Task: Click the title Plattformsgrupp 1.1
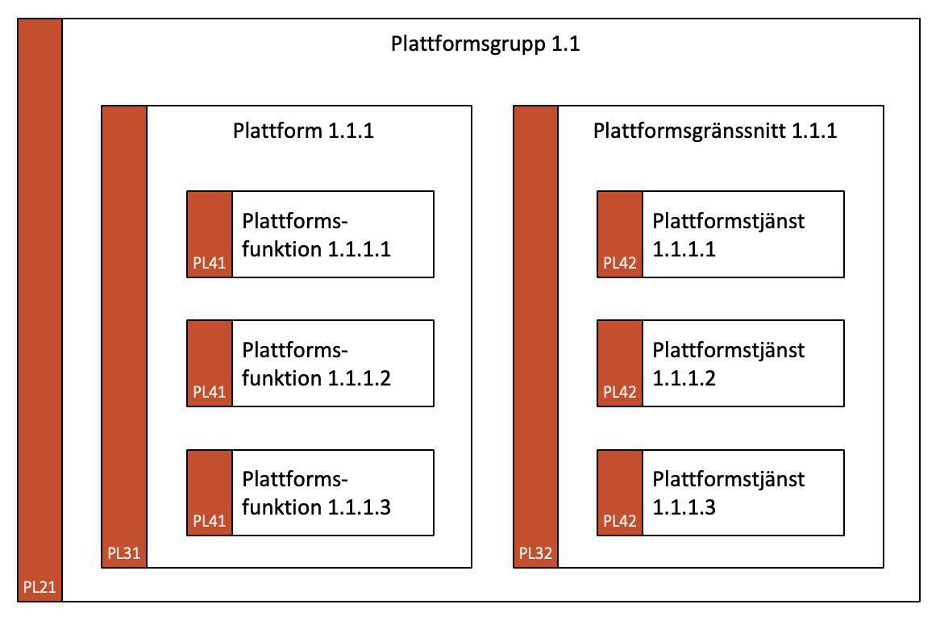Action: pyautogui.click(x=485, y=44)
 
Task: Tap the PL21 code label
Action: pyautogui.click(x=40, y=587)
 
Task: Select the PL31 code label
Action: pyautogui.click(x=123, y=554)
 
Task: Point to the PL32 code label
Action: pyautogui.click(x=535, y=554)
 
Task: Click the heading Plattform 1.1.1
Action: pyautogui.click(x=303, y=131)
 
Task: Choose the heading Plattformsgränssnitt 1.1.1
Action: pyautogui.click(x=715, y=131)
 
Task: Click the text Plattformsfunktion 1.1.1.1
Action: pyautogui.click(x=316, y=235)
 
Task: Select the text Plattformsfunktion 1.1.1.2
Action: pyautogui.click(x=316, y=364)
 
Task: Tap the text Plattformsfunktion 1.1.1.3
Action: pyautogui.click(x=316, y=493)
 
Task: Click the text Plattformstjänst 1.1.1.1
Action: pyautogui.click(x=728, y=235)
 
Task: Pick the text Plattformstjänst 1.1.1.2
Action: pyautogui.click(x=728, y=364)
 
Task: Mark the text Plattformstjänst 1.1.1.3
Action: pyautogui.click(x=728, y=493)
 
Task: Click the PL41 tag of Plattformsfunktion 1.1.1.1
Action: pyautogui.click(x=209, y=263)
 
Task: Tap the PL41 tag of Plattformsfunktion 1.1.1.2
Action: pyautogui.click(x=209, y=392)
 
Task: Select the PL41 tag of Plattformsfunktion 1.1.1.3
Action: pyautogui.click(x=209, y=521)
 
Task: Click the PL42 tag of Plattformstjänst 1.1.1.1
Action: pyautogui.click(x=620, y=263)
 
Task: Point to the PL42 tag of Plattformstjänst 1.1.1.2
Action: pyautogui.click(x=620, y=392)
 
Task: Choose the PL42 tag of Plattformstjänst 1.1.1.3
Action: pyautogui.click(x=620, y=521)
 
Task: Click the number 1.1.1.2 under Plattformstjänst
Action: pyautogui.click(x=684, y=378)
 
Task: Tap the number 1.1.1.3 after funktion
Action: pyautogui.click(x=360, y=507)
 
